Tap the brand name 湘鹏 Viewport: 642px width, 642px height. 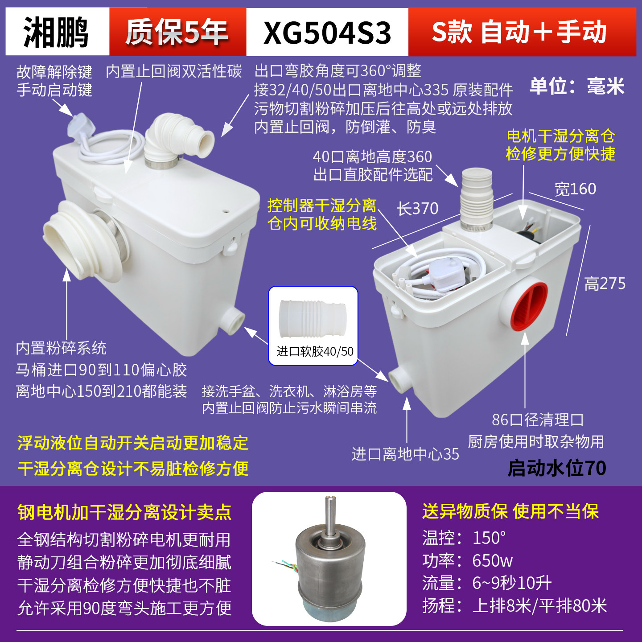pos(57,32)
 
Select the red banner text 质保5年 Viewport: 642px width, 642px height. pos(177,32)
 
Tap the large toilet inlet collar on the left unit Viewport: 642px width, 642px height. pos(80,241)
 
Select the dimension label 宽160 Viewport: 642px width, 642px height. pos(575,189)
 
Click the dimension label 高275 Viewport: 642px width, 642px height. pos(605,284)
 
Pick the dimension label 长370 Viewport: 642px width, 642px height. pos(418,209)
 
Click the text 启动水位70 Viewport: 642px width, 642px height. pos(557,468)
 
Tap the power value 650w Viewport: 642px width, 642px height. pos(492,560)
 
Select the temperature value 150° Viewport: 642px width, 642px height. pos(489,538)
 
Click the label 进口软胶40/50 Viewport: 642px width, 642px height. pos(315,352)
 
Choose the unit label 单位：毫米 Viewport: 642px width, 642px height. pos(577,86)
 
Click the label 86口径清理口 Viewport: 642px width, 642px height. pos(538,420)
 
